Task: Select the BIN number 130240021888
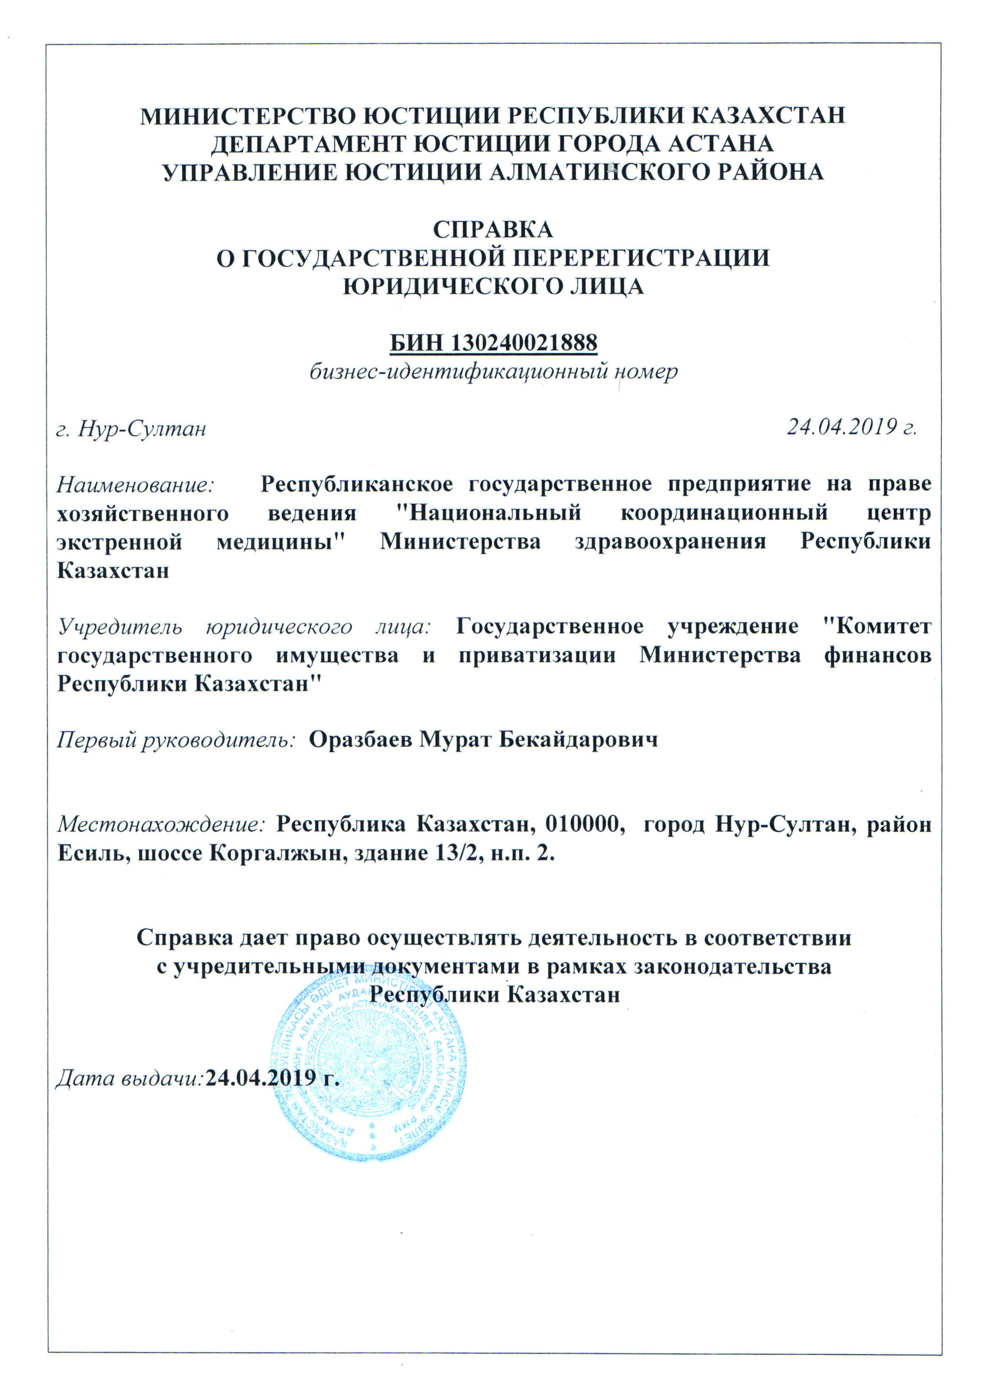[524, 344]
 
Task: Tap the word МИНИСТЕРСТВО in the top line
[244, 115]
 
